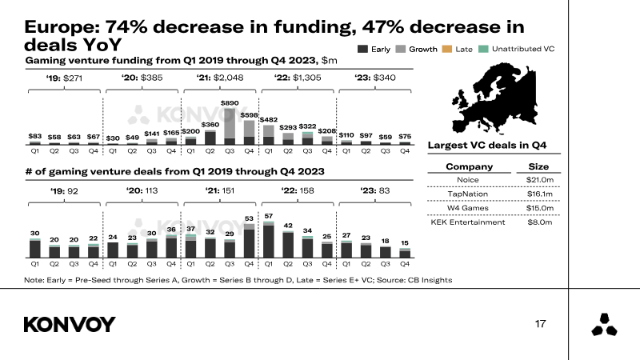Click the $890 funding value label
click(x=230, y=103)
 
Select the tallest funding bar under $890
click(x=230, y=126)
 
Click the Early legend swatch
click(x=362, y=49)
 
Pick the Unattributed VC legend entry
click(x=516, y=49)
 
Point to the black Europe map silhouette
click(x=494, y=98)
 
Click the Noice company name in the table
click(x=468, y=180)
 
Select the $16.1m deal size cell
click(x=539, y=194)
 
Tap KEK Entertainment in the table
click(x=468, y=222)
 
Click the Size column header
click(x=538, y=166)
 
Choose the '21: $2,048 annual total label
click(x=219, y=78)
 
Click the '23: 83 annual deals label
click(x=374, y=190)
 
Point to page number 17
click(x=541, y=324)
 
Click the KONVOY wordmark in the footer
click(x=70, y=325)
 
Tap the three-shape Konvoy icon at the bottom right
click(x=605, y=325)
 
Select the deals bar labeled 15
click(x=405, y=253)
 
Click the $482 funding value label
click(x=269, y=119)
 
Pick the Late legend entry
click(x=457, y=49)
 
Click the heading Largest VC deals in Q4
click(x=487, y=146)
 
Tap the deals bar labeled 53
click(x=249, y=241)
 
